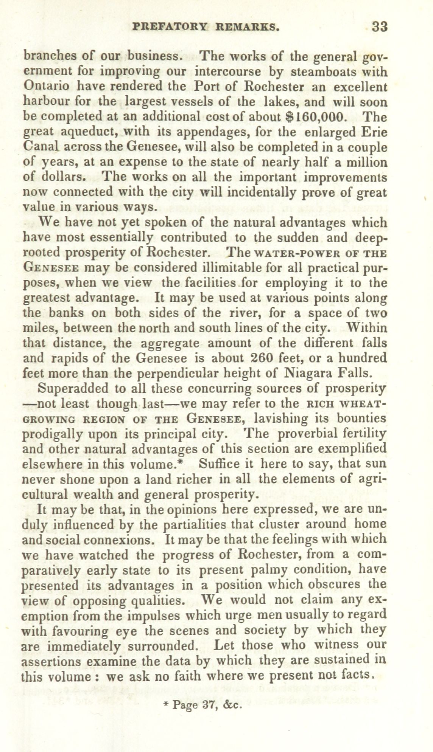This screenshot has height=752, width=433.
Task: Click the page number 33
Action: coord(379,27)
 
